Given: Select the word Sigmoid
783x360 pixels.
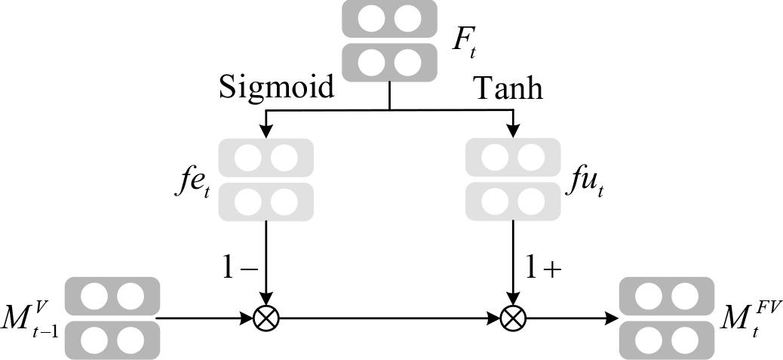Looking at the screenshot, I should (277, 88).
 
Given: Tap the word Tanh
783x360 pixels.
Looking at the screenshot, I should (508, 88).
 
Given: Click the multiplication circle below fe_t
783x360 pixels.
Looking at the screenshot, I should (266, 318).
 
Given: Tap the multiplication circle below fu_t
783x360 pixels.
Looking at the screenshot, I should (512, 318).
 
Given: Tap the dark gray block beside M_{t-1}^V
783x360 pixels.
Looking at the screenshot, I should (112, 318).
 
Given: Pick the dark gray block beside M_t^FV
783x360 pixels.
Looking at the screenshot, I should (666, 318).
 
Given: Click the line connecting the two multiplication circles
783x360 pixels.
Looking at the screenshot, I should (388, 318).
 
